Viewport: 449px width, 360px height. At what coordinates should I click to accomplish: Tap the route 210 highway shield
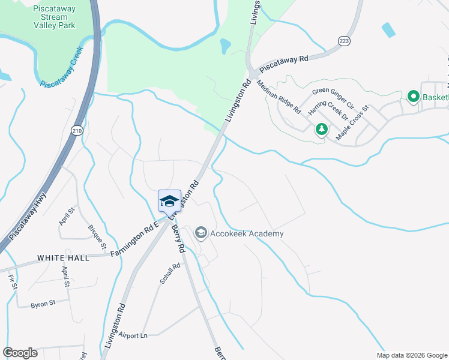[76, 130]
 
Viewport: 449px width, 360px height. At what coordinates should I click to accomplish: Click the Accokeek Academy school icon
[200, 233]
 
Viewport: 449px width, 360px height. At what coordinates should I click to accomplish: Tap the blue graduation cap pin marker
[169, 200]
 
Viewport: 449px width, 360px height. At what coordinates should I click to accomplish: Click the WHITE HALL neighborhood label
[63, 257]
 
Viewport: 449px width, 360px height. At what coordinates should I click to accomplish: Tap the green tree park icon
[322, 129]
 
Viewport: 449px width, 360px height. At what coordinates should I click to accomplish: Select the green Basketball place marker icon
[413, 97]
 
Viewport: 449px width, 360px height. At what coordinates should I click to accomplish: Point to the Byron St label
[43, 304]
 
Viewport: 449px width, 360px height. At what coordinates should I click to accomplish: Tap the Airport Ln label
[133, 335]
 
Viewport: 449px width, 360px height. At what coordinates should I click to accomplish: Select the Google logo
[20, 353]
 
